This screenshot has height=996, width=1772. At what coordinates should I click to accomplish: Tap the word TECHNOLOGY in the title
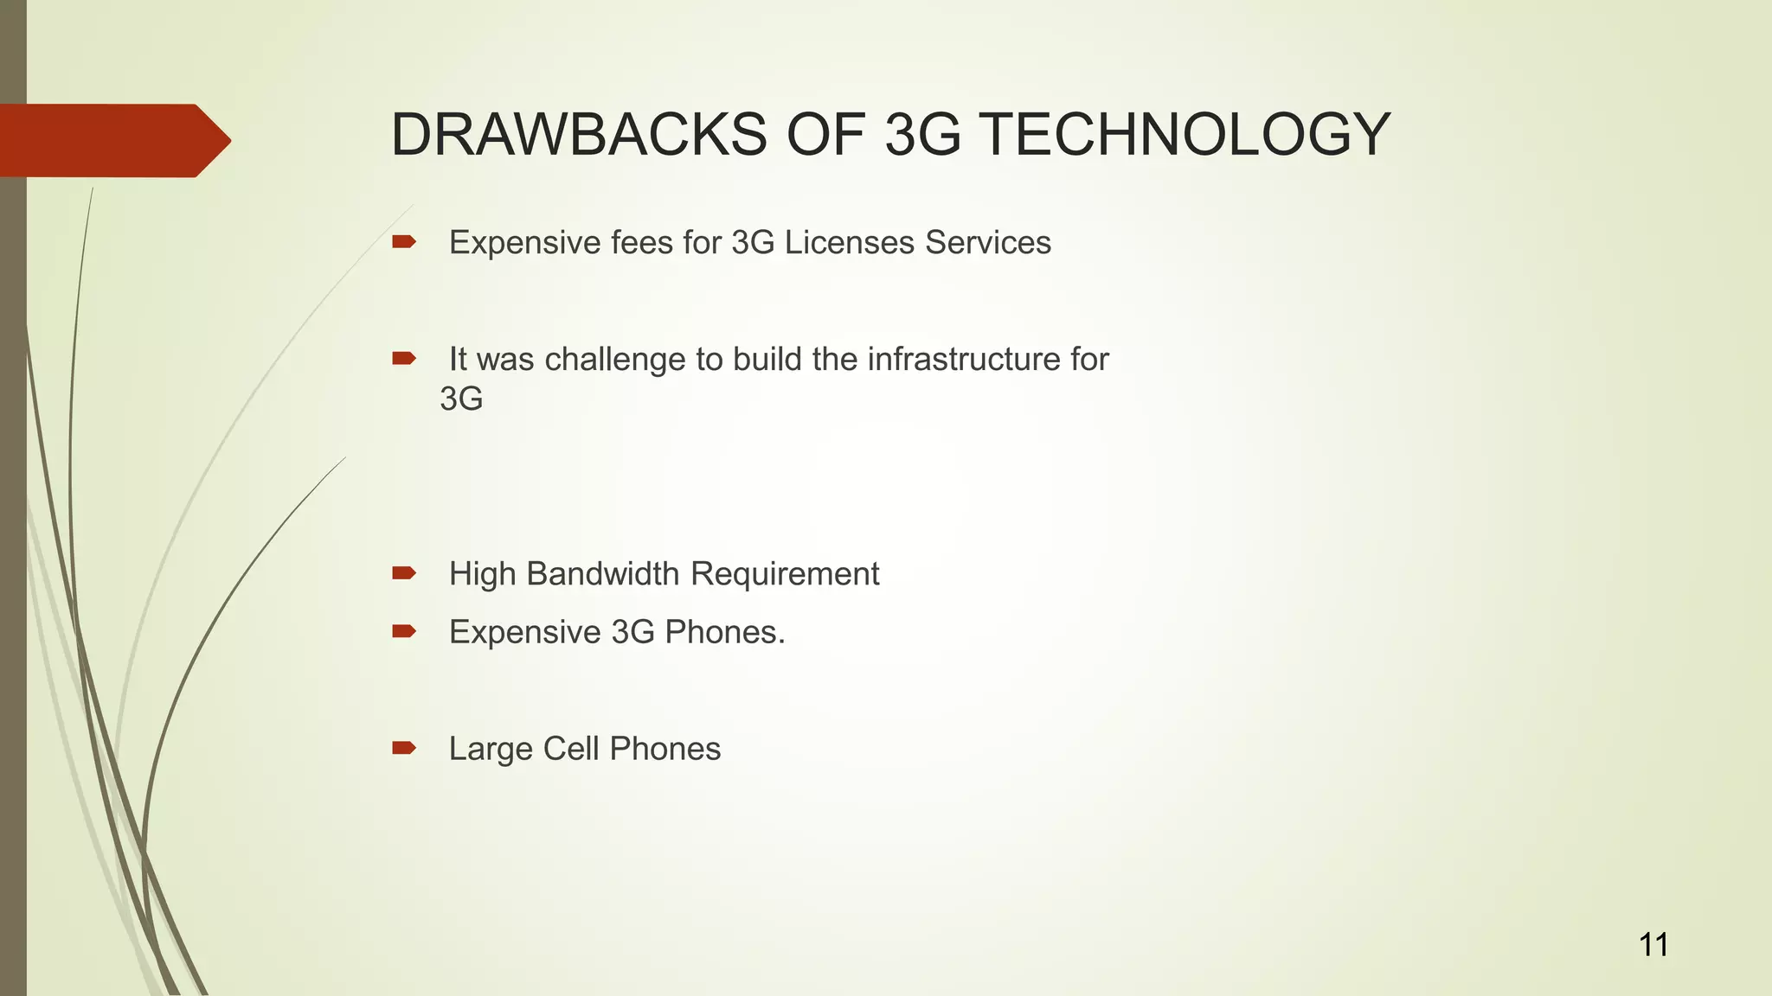[1185, 135]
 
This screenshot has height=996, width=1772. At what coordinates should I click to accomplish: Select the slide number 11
[1653, 945]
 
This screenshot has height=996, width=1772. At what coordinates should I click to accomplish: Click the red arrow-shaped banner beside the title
[112, 141]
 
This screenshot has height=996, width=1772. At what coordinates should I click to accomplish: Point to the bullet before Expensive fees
[403, 242]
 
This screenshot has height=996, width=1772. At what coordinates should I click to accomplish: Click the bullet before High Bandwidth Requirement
[403, 573]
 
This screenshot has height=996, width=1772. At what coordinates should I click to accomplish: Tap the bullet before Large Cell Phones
[403, 748]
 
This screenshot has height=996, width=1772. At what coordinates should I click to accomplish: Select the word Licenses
[849, 243]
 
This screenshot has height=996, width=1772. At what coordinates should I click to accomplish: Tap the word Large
[486, 749]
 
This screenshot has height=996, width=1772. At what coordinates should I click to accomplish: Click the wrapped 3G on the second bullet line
[461, 399]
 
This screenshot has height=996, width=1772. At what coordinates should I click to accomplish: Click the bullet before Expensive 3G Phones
[403, 632]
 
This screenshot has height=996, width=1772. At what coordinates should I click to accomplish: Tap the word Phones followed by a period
[724, 633]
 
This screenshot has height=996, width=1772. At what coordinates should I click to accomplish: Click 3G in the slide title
[922, 135]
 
